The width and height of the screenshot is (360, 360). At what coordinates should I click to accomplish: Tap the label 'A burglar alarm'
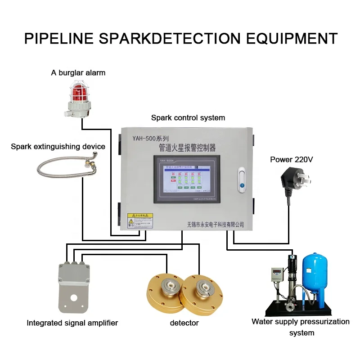(x=78, y=72)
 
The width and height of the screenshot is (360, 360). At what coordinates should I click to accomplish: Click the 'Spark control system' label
(x=188, y=118)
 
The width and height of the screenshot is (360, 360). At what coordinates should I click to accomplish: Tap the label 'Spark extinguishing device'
(x=58, y=146)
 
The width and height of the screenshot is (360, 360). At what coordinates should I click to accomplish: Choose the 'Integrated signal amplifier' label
(x=72, y=323)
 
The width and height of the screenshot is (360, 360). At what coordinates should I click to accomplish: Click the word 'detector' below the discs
(x=184, y=323)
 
